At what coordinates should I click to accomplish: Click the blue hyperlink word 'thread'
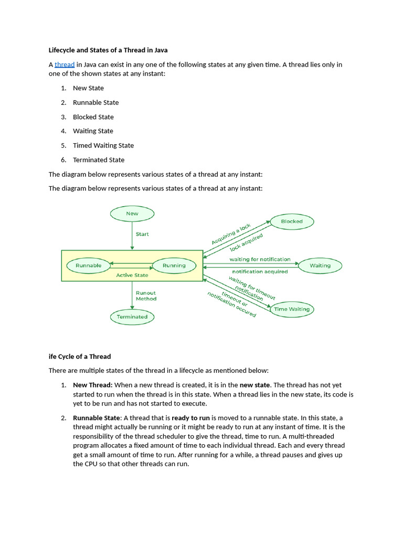65,65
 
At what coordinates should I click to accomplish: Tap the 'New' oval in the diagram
132,213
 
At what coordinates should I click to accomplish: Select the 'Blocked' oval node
292,221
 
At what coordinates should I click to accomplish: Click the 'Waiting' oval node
320,265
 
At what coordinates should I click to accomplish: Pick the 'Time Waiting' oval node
292,309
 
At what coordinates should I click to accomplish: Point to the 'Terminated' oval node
132,317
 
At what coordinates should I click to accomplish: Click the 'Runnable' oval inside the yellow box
89,265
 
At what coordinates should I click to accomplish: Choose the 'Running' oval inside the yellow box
174,265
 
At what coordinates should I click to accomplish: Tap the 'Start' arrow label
142,234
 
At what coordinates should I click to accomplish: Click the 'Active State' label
132,275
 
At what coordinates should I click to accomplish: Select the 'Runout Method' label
146,296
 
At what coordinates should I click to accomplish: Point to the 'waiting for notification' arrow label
260,259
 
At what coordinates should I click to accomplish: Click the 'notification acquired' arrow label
260,272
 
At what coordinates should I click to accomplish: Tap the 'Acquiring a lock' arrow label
231,234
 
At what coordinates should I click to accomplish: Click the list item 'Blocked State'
93,117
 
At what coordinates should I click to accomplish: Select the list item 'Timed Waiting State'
103,145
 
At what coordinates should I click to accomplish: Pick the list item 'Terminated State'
99,160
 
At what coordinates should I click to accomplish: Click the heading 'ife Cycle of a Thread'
80,357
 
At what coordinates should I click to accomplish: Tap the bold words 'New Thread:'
92,385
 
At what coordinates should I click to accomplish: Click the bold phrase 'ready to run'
190,418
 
